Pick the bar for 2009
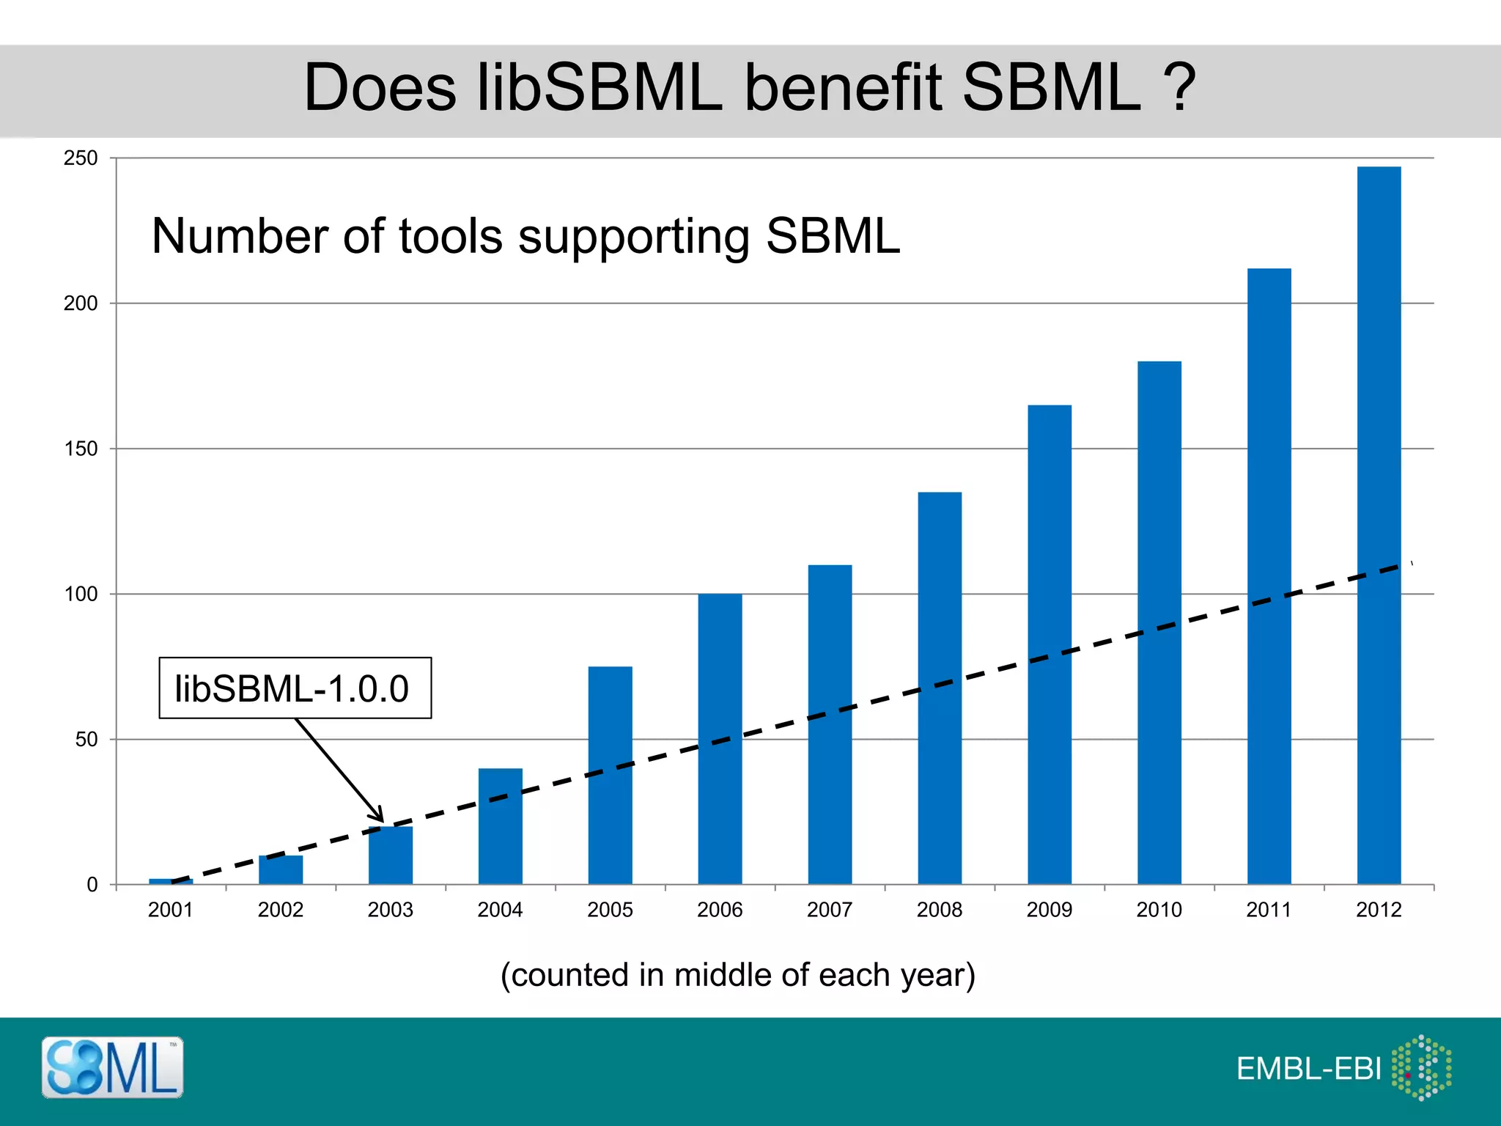(1049, 644)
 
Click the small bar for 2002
(280, 870)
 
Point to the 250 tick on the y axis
(81, 158)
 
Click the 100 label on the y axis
(81, 595)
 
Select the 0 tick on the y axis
(92, 885)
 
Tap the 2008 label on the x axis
(939, 910)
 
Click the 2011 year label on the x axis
(1269, 910)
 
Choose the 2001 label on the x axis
(170, 910)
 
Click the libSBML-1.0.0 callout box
(295, 688)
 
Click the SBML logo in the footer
(112, 1067)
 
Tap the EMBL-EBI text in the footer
(1308, 1069)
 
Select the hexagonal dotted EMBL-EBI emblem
(1421, 1067)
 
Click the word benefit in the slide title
(842, 88)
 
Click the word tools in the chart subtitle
(450, 236)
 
